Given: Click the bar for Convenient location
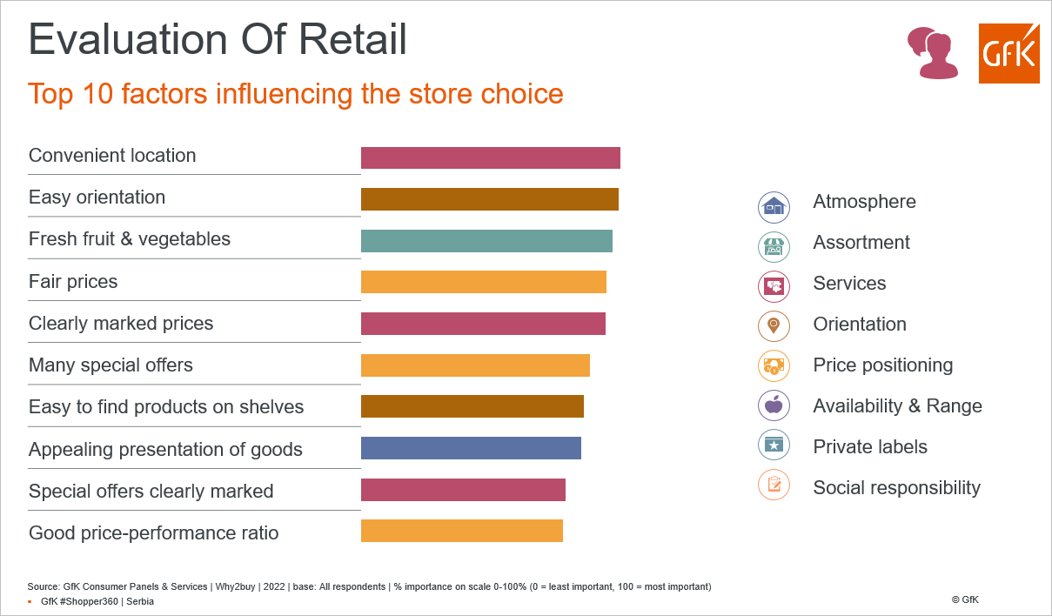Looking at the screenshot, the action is coord(490,157).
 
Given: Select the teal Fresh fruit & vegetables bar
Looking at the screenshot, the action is coord(486,241).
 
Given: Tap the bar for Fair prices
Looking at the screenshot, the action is coord(484,282).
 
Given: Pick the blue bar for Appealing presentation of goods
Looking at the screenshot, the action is coord(471,448).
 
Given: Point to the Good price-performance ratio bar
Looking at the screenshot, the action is coord(462,531).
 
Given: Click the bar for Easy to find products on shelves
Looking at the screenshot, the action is coord(472,406).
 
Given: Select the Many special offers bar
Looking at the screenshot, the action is coord(475,365).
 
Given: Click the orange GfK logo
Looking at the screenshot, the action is coord(1008,54).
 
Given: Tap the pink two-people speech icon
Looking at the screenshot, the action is coord(932,52).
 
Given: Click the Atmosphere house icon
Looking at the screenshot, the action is coord(774,207).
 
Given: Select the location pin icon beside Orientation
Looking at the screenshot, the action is coord(774,326).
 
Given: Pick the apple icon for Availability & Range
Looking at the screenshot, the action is coord(774,405).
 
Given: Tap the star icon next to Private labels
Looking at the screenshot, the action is coord(774,445).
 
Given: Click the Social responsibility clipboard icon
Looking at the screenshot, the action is coord(774,485).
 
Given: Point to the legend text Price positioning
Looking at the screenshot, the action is coord(883,365).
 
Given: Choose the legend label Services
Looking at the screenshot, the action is coord(849,283).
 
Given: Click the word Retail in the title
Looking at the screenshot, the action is coord(352,39).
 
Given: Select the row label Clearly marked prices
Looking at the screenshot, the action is coord(121,324).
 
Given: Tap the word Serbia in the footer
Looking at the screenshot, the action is coord(140,601).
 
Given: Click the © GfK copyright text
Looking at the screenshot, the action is coord(965,599).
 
